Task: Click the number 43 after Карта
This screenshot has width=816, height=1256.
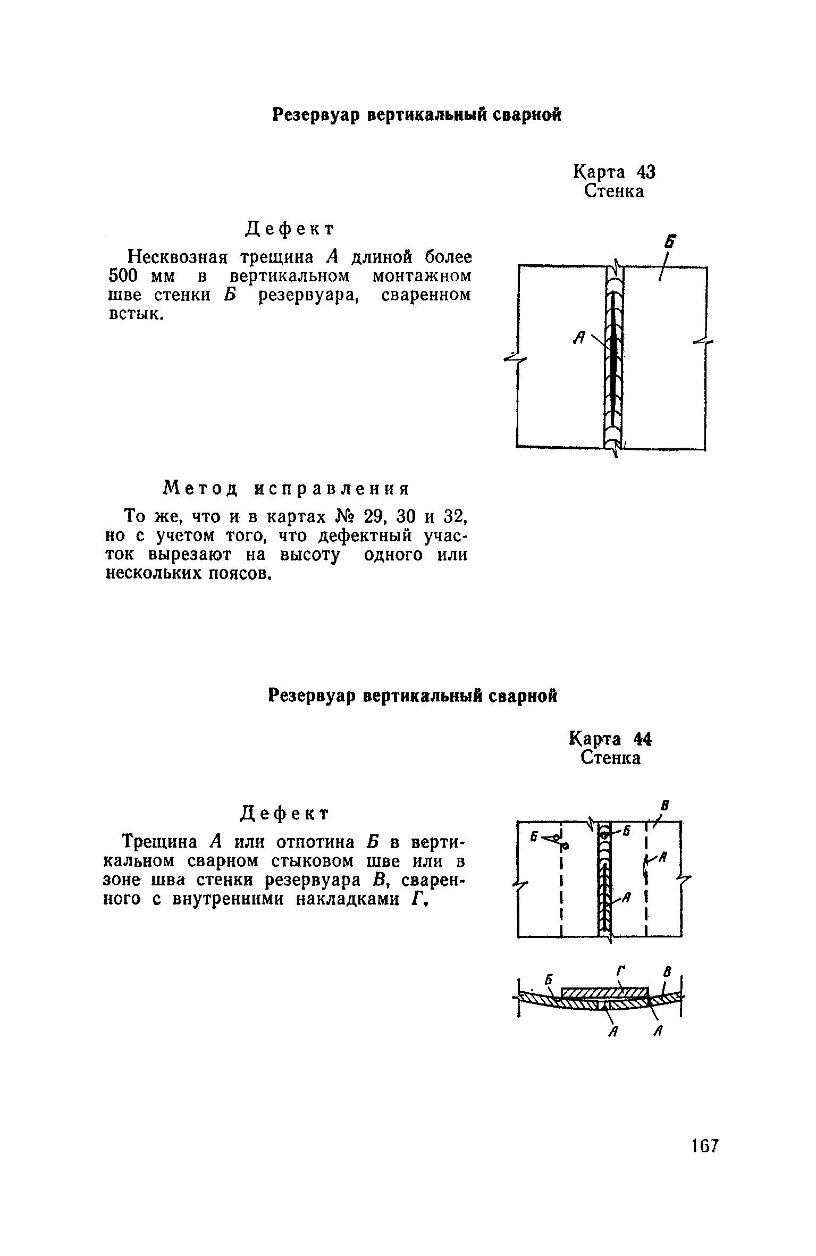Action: pos(645,172)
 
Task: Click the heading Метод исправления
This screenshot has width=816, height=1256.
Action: pos(287,488)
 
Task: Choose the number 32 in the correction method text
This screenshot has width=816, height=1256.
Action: pos(455,516)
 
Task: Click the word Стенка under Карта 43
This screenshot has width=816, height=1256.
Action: pos(614,191)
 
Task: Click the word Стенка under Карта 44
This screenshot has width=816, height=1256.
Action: pos(610,758)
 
